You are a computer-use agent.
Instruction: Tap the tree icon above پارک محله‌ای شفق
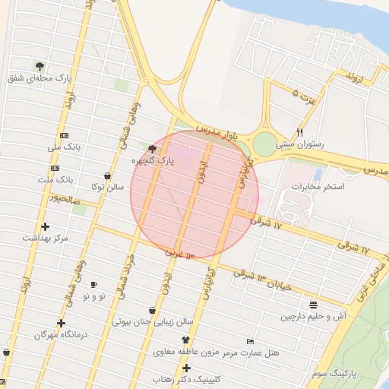[40, 65]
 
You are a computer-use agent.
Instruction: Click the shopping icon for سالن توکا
[107, 176]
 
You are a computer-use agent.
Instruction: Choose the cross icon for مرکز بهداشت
[45, 226]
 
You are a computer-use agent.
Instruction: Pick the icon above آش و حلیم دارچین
[313, 303]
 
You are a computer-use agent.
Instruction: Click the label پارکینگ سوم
[334, 374]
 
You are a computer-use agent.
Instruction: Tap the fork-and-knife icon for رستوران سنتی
[301, 131]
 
